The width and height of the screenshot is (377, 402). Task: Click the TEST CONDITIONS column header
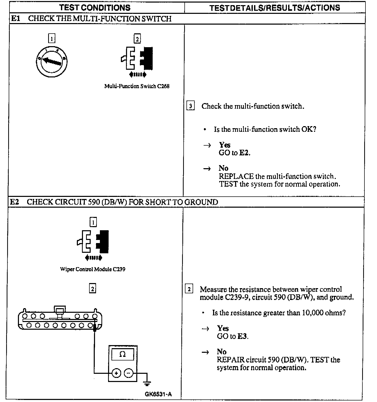point(95,8)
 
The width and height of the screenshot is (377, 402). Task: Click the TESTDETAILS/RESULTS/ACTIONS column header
point(275,8)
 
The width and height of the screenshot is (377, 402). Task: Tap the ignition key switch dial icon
point(52,62)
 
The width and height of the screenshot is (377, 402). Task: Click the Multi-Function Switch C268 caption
point(137,86)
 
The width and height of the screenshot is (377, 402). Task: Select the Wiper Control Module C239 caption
point(93,269)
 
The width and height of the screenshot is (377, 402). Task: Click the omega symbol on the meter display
point(122,354)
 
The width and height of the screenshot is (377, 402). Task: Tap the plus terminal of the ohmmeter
point(116,373)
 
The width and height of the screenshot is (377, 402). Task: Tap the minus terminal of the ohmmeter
point(129,373)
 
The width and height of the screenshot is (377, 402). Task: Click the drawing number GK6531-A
point(158,394)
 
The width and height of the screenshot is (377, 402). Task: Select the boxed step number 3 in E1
point(190,106)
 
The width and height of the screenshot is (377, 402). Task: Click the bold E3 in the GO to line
point(242,336)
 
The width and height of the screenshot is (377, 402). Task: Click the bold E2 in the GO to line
point(244,153)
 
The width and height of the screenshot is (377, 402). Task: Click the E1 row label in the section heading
point(16,19)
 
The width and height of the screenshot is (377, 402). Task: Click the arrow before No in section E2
point(205,352)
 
